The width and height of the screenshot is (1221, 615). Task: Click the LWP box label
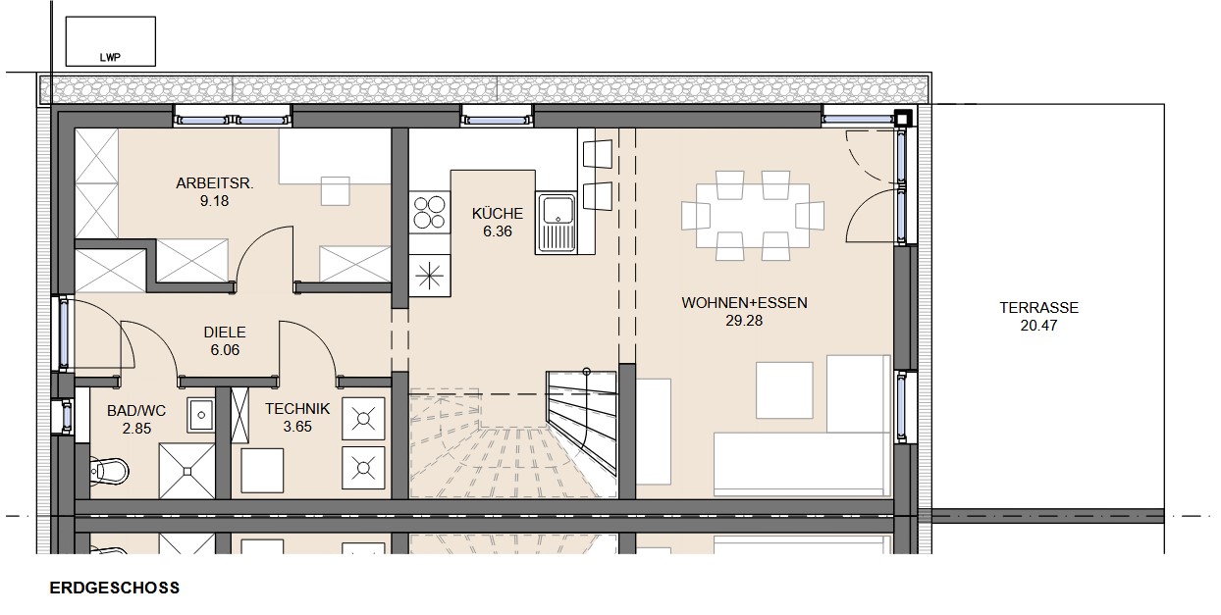tap(110, 57)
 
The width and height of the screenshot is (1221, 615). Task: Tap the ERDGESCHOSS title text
tap(115, 588)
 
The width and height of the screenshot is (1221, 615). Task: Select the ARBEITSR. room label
tap(215, 183)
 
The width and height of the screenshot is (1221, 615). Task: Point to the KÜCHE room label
tap(497, 213)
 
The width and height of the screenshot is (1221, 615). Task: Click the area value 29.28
tap(744, 321)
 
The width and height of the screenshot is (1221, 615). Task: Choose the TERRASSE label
tap(1039, 308)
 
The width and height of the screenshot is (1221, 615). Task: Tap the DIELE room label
tap(225, 333)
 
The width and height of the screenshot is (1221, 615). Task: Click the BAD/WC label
tap(136, 411)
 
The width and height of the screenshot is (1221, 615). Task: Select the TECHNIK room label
tap(297, 409)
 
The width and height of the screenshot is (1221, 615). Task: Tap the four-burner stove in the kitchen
tap(430, 213)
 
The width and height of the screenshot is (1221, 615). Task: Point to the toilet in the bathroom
tap(109, 470)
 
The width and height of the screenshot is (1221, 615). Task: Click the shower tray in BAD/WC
tap(186, 471)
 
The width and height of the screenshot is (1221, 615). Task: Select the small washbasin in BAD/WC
tap(201, 415)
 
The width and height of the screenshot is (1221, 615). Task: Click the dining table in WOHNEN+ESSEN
tap(752, 216)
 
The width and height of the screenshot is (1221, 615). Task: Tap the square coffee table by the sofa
tap(784, 390)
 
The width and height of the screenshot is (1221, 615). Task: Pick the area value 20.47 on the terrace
tap(1039, 326)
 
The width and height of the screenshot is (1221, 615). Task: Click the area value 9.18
tap(215, 201)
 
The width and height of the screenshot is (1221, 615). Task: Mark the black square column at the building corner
tap(903, 119)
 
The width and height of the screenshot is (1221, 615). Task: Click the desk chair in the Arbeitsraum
tap(336, 190)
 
